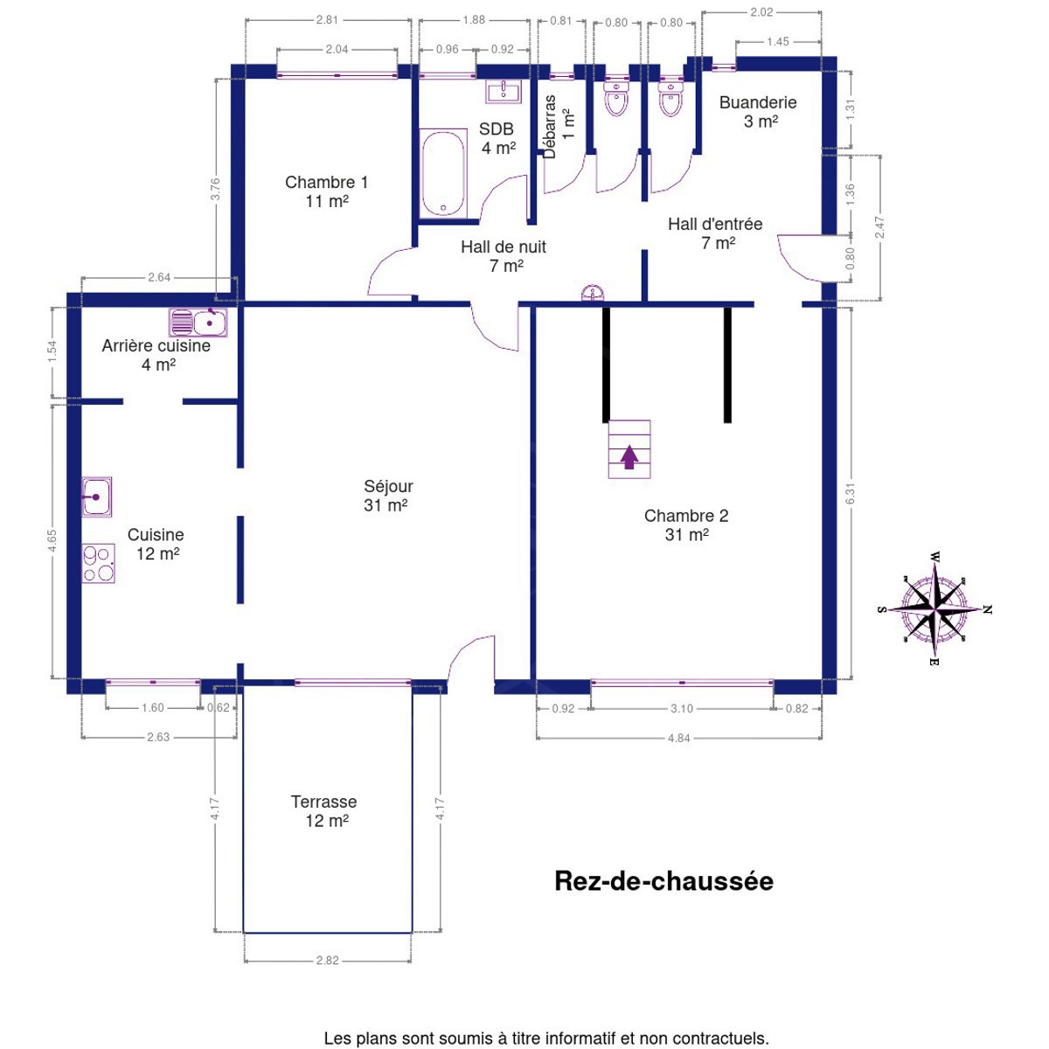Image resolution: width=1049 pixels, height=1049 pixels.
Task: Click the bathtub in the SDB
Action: pos(444,174)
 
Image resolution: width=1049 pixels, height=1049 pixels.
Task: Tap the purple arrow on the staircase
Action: pos(629,456)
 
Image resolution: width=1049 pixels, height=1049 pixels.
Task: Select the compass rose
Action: pos(934,609)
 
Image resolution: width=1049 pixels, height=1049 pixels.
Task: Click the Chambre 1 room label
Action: pos(327,191)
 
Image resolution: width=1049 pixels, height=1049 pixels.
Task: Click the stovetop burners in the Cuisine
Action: pos(99,564)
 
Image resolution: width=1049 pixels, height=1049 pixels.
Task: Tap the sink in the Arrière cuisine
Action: pos(198,323)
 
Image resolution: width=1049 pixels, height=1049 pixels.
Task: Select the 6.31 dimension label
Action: pos(851,494)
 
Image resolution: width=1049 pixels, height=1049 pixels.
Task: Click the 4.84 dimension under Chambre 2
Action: pos(679,738)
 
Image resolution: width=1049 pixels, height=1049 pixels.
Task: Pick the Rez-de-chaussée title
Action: pos(663,881)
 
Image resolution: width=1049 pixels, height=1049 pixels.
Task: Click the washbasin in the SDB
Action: pos(504,91)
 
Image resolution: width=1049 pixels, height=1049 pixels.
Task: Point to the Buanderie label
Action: pos(758,102)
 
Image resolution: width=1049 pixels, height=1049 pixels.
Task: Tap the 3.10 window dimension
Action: pos(682,708)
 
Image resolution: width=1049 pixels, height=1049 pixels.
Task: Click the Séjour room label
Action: pos(387,496)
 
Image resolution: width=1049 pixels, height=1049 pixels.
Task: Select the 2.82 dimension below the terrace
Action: pos(327,960)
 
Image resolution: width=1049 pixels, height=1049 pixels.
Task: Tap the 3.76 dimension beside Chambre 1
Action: pos(216,189)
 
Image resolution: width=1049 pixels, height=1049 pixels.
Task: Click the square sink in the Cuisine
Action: pos(97,497)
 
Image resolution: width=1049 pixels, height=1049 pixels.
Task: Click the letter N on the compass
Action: pos(988,609)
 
